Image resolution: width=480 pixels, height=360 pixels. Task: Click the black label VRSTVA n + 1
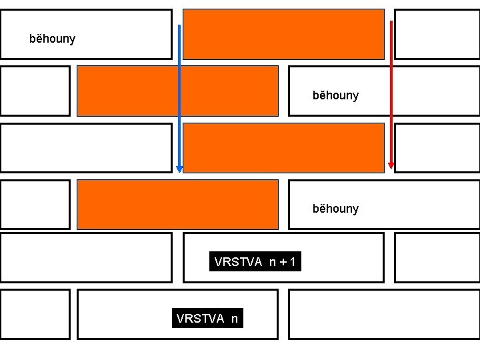pos(255,263)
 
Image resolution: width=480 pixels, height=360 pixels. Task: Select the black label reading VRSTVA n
pos(207,319)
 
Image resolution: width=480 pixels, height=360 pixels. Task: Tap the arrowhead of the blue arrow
pos(179,169)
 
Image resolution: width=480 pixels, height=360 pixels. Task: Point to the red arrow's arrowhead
pos(391,165)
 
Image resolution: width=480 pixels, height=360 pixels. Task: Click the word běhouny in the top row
pos(53,39)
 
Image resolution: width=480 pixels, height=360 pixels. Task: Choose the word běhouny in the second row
pos(335,95)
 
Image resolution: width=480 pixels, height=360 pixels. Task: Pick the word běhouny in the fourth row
pos(335,209)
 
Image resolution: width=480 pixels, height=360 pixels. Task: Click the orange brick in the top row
pos(284,34)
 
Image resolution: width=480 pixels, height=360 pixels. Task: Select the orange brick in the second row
pos(177,91)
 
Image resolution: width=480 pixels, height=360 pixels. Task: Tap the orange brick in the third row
pos(284,148)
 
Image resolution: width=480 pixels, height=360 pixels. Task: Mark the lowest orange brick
pos(177,204)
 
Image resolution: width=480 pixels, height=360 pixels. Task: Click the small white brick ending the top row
pos(437,34)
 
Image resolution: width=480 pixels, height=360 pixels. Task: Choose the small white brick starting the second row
pos(35,91)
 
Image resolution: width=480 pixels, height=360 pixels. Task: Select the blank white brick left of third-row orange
pos(86,148)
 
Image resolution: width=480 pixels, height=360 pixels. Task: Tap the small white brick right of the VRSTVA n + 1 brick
pos(437,258)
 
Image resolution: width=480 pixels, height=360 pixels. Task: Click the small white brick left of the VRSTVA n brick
pos(35,314)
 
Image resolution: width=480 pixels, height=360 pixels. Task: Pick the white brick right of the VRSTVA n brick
pos(384,314)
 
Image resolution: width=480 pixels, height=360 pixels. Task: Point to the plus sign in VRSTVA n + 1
pos(283,263)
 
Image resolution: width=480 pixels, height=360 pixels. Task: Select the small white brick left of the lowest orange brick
pos(35,204)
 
